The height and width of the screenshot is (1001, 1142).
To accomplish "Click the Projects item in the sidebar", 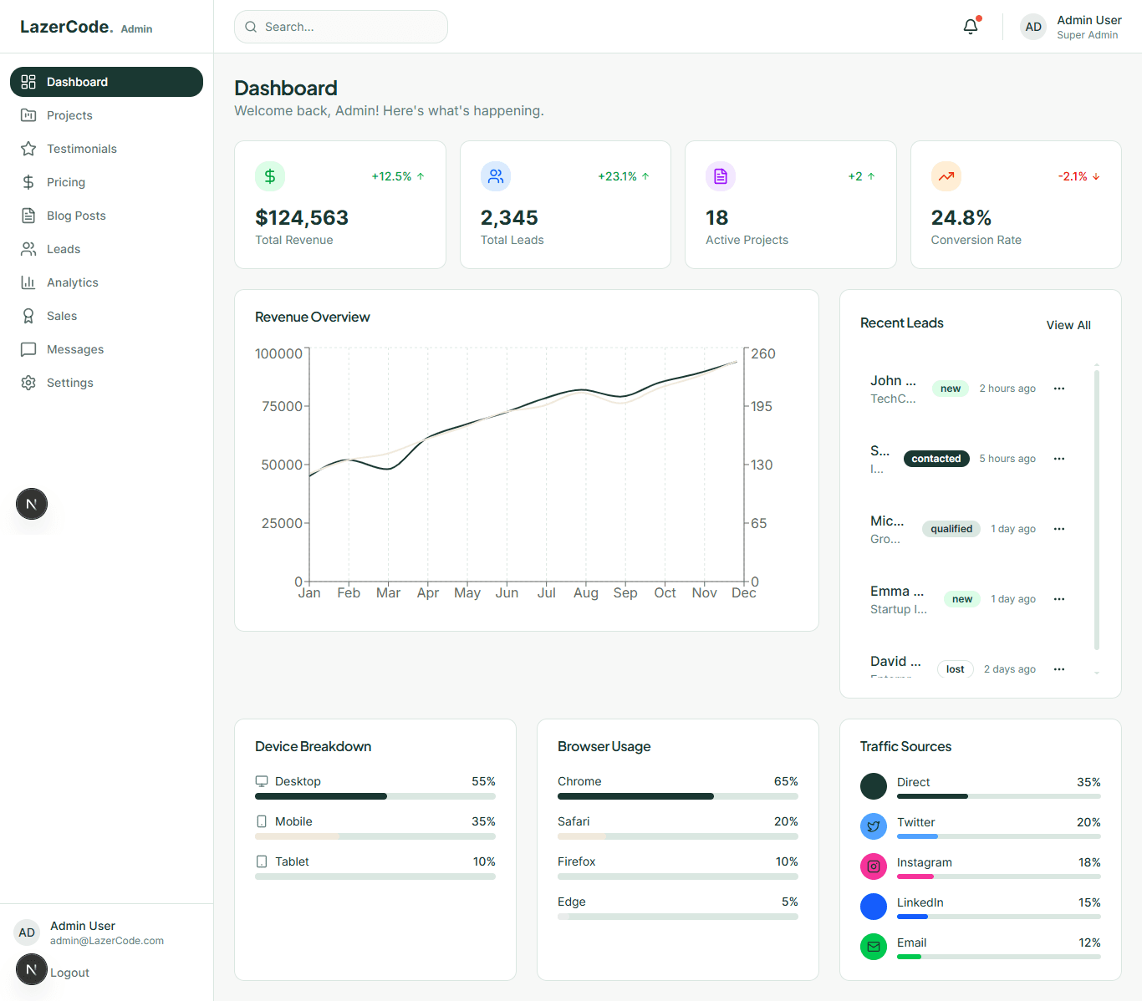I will pyautogui.click(x=69, y=115).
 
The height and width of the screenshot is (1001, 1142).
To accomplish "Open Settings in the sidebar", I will pyautogui.click(x=69, y=383).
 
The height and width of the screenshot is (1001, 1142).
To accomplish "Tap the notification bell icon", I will pyautogui.click(x=970, y=27).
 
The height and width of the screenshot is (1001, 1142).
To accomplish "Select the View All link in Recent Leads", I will pyautogui.click(x=1068, y=325).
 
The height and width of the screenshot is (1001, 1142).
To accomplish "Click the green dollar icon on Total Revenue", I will pyautogui.click(x=270, y=176).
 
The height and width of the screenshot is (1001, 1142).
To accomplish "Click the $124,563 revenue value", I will pyautogui.click(x=302, y=218).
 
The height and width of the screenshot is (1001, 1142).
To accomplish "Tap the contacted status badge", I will pyautogui.click(x=936, y=459).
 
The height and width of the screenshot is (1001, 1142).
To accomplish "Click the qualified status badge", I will pyautogui.click(x=951, y=529).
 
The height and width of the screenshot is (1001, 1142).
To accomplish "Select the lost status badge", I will pyautogui.click(x=955, y=669).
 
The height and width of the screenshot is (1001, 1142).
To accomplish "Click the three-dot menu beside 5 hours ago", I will pyautogui.click(x=1059, y=459).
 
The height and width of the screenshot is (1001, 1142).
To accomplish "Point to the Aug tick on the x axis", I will pyautogui.click(x=585, y=592).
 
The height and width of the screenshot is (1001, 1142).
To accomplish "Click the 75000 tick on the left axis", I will pyautogui.click(x=282, y=406).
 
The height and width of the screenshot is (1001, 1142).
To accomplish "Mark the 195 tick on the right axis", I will pyautogui.click(x=761, y=406).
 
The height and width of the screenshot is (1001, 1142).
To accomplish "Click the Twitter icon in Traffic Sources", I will pyautogui.click(x=873, y=826).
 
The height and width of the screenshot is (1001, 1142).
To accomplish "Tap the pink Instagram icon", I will pyautogui.click(x=873, y=866).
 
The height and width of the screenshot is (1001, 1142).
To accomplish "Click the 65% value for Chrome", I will pyautogui.click(x=785, y=781).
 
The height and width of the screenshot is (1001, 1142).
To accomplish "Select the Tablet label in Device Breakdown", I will pyautogui.click(x=292, y=861).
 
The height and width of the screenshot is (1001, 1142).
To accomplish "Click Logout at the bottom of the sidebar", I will pyautogui.click(x=69, y=973).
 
